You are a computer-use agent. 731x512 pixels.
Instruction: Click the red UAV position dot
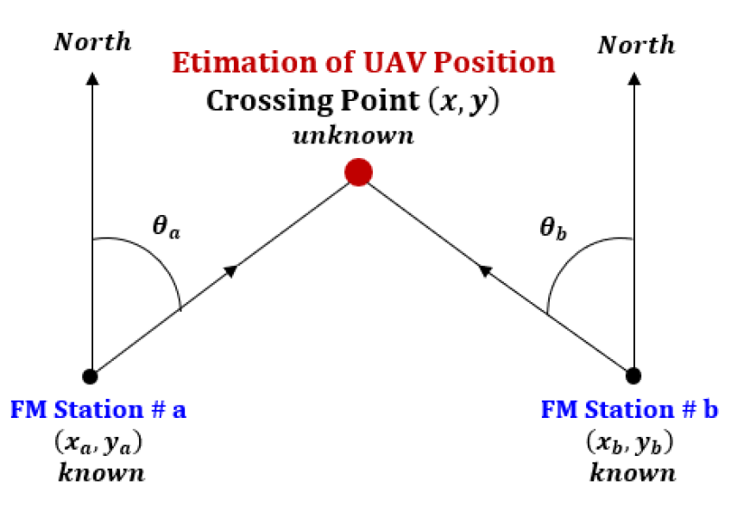pos(358,172)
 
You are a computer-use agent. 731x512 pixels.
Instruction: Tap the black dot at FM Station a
pos(90,376)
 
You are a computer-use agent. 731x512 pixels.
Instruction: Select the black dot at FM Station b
pos(633,376)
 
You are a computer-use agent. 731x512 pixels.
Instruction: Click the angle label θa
pos(167,226)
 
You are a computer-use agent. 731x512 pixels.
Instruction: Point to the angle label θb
pos(553,228)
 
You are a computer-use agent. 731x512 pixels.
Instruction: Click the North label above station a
pos(92,42)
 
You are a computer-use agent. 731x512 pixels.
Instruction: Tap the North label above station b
pos(636,45)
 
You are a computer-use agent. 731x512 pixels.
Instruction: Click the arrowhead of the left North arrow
pos(92,79)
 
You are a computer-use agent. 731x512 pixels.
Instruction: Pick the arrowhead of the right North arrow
pos(634,79)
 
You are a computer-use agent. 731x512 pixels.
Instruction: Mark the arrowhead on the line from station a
pos(231,270)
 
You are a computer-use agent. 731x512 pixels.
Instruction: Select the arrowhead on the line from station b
pos(485,270)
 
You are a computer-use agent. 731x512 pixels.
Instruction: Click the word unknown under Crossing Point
pos(353,136)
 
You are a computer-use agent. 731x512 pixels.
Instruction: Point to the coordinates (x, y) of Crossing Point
pos(463,101)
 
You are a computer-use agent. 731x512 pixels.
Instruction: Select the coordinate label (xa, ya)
pos(98,442)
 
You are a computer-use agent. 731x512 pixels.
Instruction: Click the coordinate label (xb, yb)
pos(630,441)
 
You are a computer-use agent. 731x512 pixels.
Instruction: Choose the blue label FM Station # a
pos(98,410)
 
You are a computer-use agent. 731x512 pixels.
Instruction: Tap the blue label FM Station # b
pos(629,409)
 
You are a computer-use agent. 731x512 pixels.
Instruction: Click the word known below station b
pos(633,472)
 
